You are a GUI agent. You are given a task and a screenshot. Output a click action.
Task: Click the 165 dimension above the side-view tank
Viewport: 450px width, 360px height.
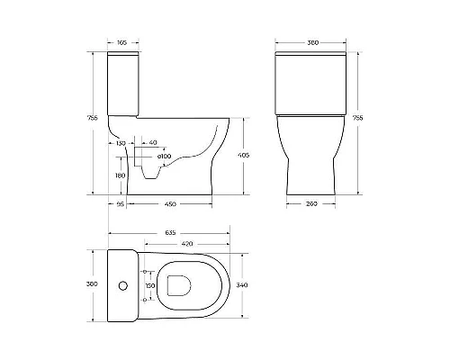click(x=122, y=42)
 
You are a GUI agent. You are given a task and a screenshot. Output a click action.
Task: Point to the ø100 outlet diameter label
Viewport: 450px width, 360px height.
click(x=165, y=158)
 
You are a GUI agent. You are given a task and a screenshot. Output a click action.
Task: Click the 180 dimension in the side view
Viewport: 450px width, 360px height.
click(x=120, y=175)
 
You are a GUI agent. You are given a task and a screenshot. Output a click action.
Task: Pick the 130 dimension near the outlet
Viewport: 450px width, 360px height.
click(x=120, y=142)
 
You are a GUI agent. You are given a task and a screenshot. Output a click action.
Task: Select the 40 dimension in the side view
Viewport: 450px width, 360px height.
click(x=153, y=142)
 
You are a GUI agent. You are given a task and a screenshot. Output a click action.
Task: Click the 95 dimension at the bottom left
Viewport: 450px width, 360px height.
click(x=119, y=202)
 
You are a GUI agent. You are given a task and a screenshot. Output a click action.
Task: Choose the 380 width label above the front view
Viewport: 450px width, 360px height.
click(x=310, y=42)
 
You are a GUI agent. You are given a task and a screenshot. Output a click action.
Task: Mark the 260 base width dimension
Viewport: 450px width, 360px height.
click(x=311, y=202)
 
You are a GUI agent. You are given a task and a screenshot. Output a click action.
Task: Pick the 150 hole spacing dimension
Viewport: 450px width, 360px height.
click(x=151, y=285)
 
